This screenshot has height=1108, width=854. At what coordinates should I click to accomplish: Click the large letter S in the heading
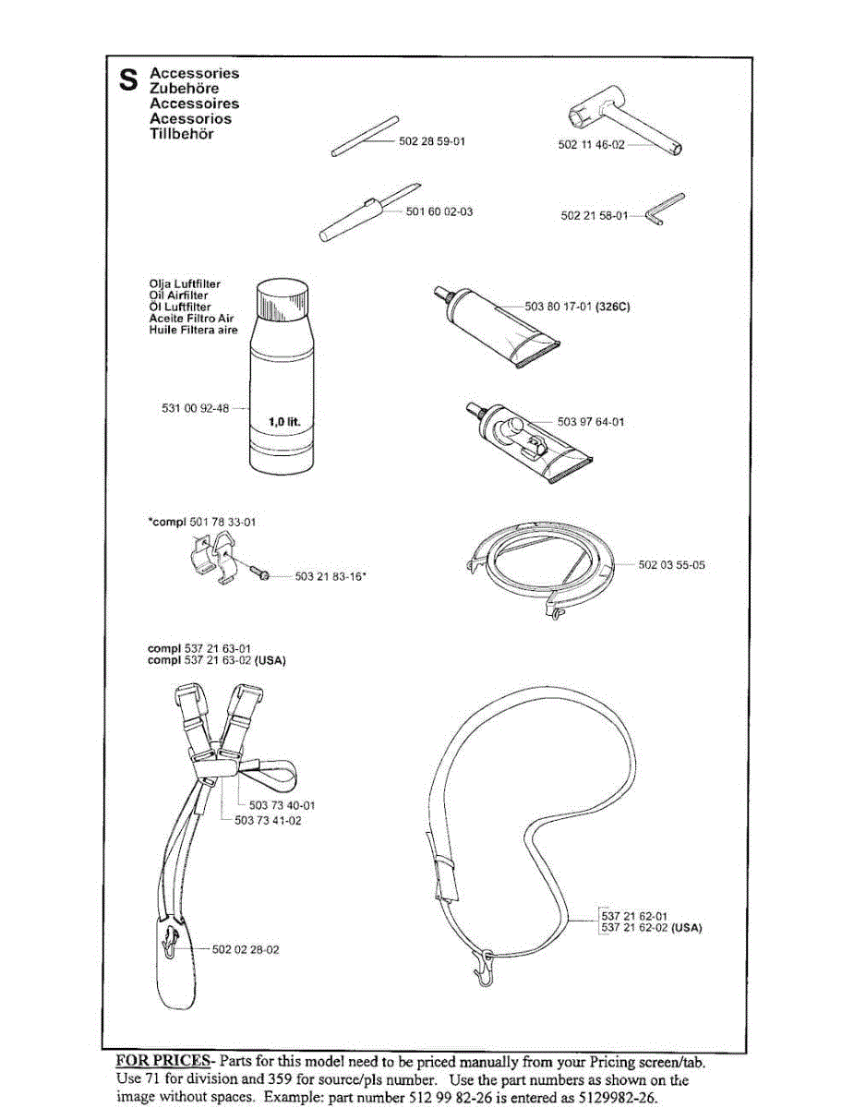point(128,80)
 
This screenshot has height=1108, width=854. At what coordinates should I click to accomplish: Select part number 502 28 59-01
point(432,142)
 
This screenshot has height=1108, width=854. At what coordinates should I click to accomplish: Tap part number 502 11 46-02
point(592,145)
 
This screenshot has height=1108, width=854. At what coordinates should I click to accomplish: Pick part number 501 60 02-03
point(439,211)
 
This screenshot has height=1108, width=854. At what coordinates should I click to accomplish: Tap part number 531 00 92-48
point(194,407)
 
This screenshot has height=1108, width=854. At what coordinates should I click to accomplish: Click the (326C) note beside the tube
point(612,306)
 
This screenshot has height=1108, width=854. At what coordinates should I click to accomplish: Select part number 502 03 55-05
point(671,564)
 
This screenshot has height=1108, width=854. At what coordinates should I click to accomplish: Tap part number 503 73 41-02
point(268,820)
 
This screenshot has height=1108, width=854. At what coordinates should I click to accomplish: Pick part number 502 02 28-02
point(246,948)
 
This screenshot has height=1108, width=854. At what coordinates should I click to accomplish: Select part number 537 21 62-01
point(634,916)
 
